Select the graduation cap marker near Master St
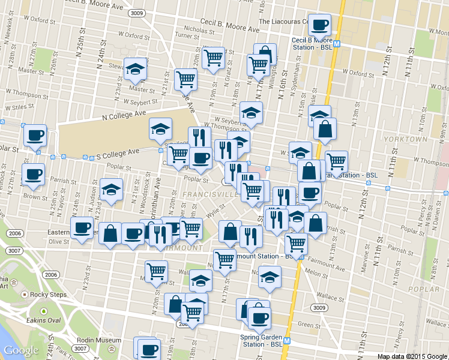(x=136, y=69)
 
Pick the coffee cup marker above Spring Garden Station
(x=259, y=317)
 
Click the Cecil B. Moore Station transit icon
(x=337, y=43)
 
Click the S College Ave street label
(x=118, y=155)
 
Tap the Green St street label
(x=309, y=325)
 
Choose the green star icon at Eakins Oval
(x=43, y=311)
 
